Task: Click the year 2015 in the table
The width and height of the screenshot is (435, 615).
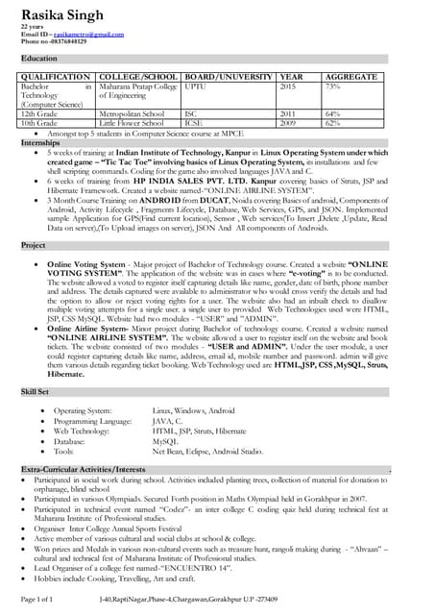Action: point(287,86)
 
